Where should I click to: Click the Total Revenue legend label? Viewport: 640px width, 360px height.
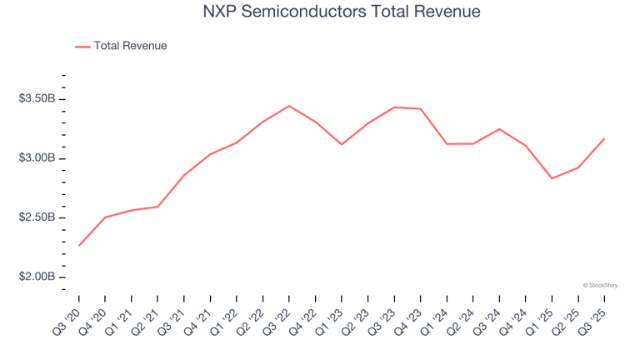click(x=130, y=46)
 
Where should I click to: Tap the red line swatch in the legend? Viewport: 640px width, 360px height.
click(x=82, y=47)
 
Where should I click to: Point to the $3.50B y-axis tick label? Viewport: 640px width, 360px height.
click(x=37, y=99)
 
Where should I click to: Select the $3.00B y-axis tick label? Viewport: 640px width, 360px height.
click(x=37, y=158)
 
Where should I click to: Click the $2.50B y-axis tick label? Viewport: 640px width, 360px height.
click(x=37, y=217)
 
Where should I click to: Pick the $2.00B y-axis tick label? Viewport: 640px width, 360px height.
click(x=37, y=277)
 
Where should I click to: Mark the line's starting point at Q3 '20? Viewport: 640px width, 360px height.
click(x=79, y=245)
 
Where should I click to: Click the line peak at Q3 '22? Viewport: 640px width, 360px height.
click(x=289, y=106)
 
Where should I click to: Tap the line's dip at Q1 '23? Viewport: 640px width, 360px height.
click(x=342, y=144)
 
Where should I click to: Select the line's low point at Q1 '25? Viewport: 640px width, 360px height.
click(x=552, y=178)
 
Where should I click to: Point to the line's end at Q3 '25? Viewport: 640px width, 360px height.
click(x=604, y=138)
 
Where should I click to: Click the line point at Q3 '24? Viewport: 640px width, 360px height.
click(x=499, y=129)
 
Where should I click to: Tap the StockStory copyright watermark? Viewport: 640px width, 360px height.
click(x=600, y=285)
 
